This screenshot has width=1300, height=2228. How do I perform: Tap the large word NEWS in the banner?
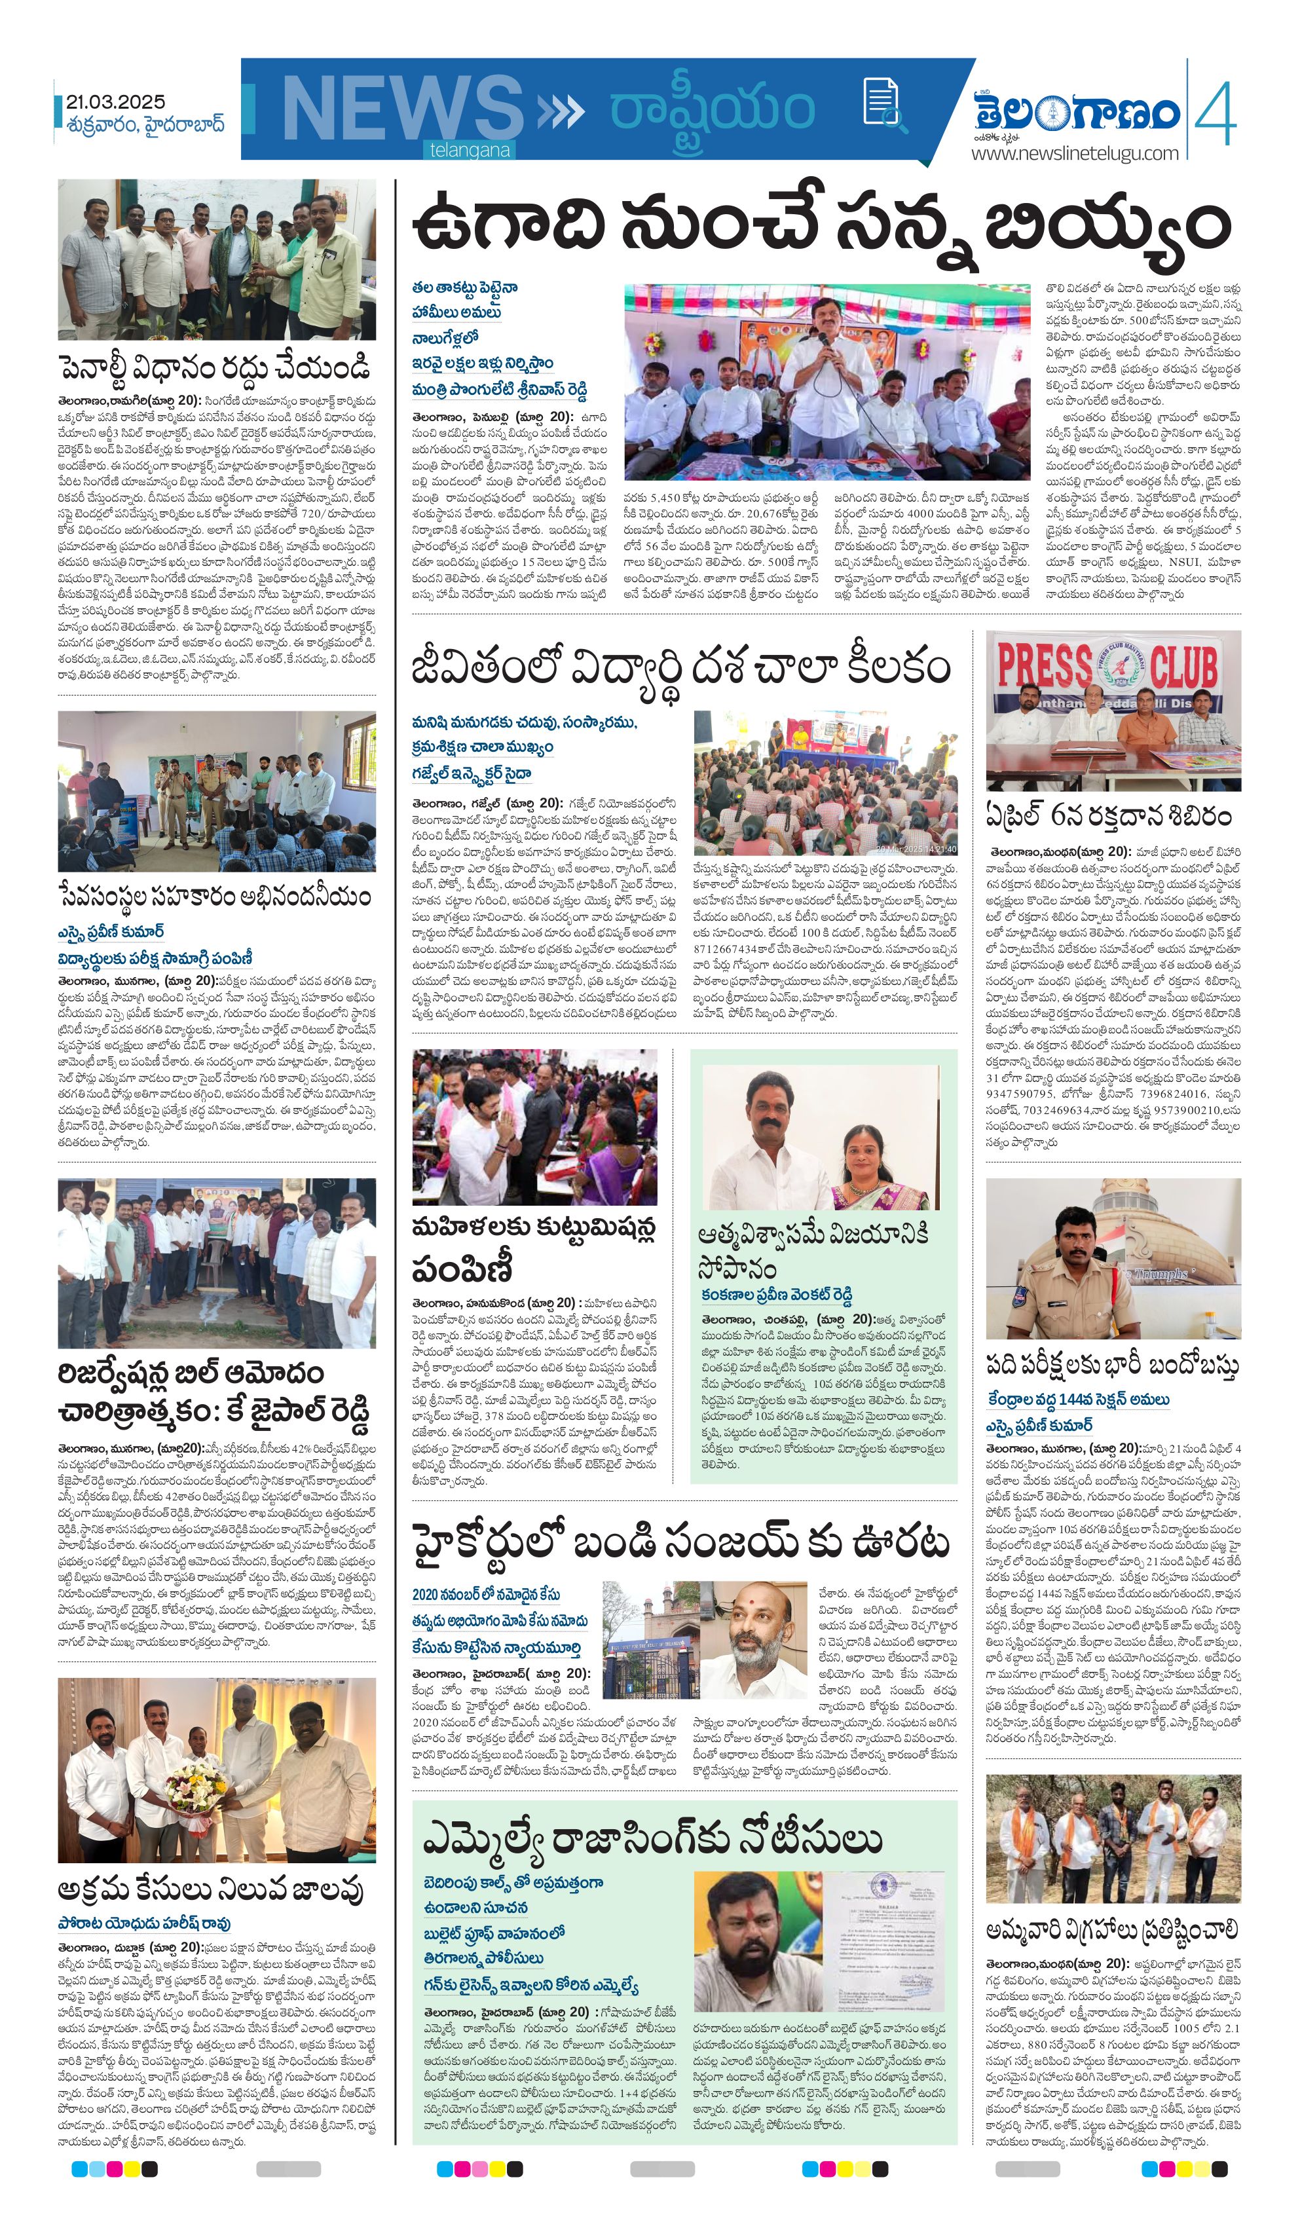tap(402, 109)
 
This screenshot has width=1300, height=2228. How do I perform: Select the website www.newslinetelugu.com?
tap(1075, 153)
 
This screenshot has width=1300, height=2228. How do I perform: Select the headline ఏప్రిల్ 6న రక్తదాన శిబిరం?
tap(1108, 815)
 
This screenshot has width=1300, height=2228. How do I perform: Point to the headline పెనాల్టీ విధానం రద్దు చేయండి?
tap(215, 366)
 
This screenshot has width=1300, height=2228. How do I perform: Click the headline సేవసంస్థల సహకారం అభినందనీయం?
tap(215, 896)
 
